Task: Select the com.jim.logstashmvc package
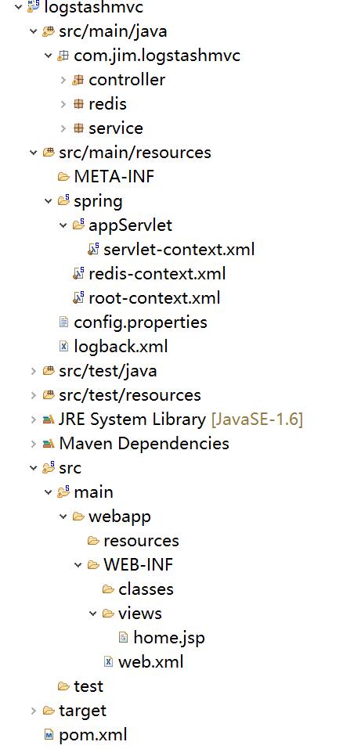(157, 56)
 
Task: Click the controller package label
(127, 80)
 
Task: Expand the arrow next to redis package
(63, 104)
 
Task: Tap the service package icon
(78, 128)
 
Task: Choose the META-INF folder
(114, 177)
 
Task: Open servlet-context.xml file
(179, 250)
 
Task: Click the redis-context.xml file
(157, 274)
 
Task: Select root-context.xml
(154, 298)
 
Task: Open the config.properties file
(140, 322)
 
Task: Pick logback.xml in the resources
(121, 346)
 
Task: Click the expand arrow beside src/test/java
(33, 371)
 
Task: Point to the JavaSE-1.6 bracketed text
(258, 420)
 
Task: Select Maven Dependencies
(144, 444)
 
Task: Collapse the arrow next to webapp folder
(63, 517)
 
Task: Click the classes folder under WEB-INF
(146, 589)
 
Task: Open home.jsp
(169, 638)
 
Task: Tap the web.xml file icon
(109, 661)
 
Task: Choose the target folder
(82, 711)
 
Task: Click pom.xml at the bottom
(92, 735)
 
